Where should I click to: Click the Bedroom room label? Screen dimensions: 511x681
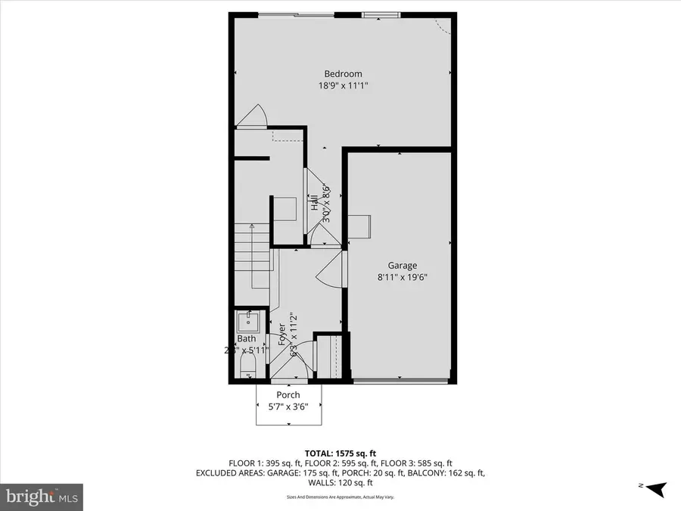(343, 73)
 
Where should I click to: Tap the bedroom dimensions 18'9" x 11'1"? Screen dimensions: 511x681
(343, 86)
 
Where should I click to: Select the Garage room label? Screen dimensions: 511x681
(403, 266)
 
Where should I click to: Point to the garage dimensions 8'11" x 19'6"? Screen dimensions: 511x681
(403, 278)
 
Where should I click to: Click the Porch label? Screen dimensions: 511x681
(288, 394)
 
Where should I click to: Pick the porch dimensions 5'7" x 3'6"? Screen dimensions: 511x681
(288, 407)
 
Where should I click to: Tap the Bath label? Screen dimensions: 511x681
(247, 338)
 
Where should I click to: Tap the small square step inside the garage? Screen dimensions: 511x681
(359, 225)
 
